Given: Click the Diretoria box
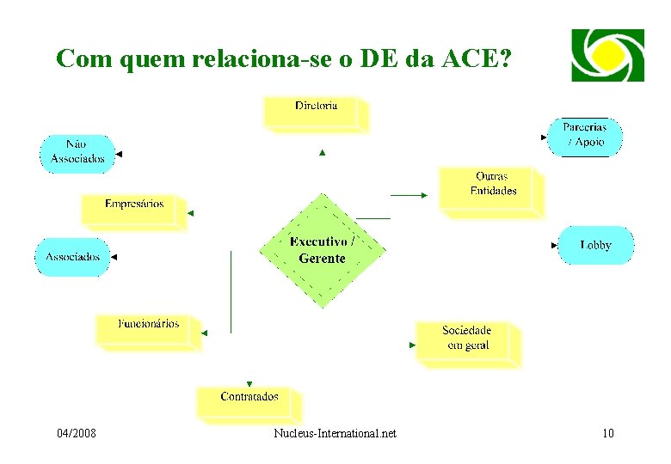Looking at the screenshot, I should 316,113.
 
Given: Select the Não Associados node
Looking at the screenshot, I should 77,152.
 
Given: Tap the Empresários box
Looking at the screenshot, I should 133,209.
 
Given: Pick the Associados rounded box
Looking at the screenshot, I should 72,256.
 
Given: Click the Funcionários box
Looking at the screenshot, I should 149,329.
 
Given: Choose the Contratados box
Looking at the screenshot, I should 249,401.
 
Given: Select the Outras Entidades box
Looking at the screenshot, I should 492,188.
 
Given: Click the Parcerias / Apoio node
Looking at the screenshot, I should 584,136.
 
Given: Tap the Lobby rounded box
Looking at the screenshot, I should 595,245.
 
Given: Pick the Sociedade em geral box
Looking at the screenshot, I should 466,342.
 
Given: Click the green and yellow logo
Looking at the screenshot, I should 607,54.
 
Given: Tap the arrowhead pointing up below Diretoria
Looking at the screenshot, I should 323,153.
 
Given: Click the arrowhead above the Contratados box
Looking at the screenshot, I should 249,383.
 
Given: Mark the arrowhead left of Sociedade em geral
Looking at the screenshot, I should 412,345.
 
